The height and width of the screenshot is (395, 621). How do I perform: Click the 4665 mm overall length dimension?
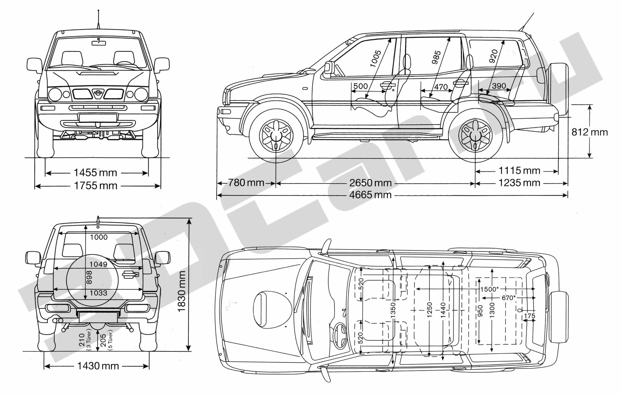coord(370,195)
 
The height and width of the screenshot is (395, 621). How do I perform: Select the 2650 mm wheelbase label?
coord(370,183)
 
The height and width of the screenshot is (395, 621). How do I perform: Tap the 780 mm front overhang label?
coord(246,183)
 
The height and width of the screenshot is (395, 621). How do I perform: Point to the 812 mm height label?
coord(590,132)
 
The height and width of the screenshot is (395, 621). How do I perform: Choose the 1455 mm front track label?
coord(95,172)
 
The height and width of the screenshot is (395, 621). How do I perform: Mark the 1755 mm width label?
coord(95,186)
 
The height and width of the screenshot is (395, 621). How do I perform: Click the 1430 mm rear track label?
coord(98,366)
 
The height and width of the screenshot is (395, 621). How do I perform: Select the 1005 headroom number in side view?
coord(375,59)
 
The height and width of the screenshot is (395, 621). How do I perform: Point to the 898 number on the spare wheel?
coord(89,278)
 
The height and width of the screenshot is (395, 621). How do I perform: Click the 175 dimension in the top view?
coord(529,316)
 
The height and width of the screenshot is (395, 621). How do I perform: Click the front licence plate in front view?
coord(98,118)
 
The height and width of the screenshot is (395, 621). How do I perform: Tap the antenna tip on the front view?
coord(99,10)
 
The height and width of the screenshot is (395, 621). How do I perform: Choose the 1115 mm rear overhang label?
coord(519,171)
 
